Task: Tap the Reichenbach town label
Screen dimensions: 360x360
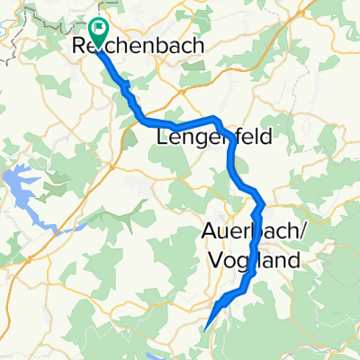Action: [x=138, y=45]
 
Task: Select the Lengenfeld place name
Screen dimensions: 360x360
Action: [x=213, y=138]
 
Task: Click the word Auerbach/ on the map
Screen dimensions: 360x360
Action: [x=251, y=232]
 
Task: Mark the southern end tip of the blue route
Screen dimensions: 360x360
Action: [x=209, y=327]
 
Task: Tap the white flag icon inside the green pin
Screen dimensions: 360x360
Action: [x=98, y=28]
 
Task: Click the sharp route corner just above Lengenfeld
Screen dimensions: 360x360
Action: [x=217, y=120]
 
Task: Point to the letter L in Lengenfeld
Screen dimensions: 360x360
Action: [x=163, y=138]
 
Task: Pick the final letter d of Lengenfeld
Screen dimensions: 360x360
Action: [x=265, y=138]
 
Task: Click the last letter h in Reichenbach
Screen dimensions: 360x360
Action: [x=196, y=45]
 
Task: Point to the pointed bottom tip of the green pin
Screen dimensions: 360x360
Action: [x=98, y=41]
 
